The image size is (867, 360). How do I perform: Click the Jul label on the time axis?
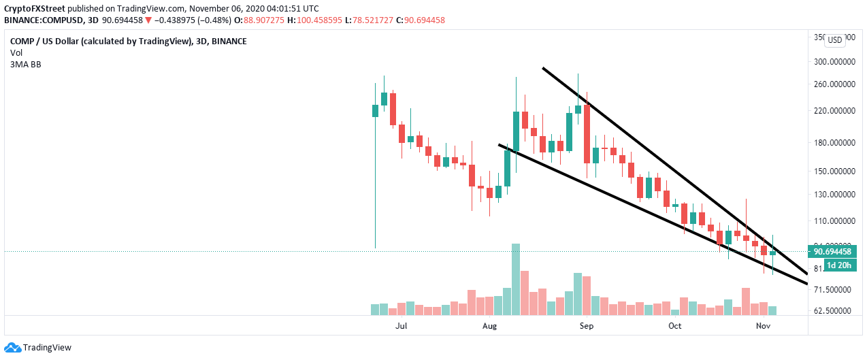[x=401, y=326]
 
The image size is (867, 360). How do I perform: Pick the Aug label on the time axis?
[x=489, y=326]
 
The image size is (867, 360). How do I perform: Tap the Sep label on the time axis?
[x=587, y=326]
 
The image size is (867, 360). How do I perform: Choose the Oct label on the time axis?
[x=674, y=326]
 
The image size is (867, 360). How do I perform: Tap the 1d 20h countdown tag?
[x=838, y=265]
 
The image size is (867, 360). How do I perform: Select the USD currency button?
[x=834, y=40]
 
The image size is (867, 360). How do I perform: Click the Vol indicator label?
[x=16, y=52]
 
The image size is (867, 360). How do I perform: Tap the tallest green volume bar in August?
[x=516, y=279]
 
